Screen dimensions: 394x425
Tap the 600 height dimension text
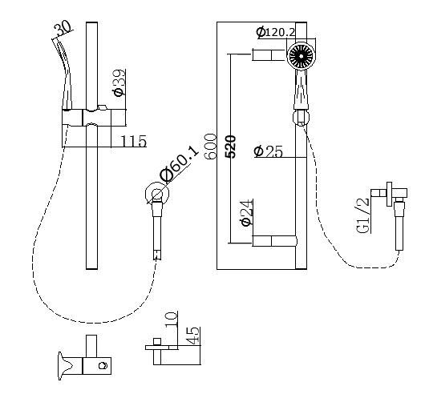pos(211,147)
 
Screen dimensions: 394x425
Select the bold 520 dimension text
pos(231,147)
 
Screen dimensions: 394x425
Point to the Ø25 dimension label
pos(268,151)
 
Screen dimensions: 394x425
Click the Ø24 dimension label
pos(247,212)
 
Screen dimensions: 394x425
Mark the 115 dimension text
pos(134,142)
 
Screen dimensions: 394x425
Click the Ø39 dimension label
pos(119,82)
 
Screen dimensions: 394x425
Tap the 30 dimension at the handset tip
pos(63,30)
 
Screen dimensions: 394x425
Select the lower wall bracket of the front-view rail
pos(272,240)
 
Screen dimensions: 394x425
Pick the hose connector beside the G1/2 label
pos(394,199)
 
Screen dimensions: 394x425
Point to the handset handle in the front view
pos(300,94)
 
